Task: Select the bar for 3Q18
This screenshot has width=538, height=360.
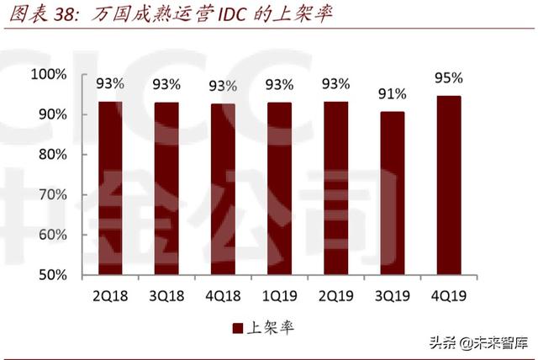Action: click(x=166, y=188)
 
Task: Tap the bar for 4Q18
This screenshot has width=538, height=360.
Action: click(x=223, y=189)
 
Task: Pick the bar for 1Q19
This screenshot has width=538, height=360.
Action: click(x=279, y=188)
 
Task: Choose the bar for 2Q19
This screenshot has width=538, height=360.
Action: click(x=336, y=188)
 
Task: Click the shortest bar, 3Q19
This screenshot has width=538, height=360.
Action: click(x=392, y=193)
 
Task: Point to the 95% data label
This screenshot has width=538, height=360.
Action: click(x=449, y=78)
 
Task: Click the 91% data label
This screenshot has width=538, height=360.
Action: click(x=392, y=93)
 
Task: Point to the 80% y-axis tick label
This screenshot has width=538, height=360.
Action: click(x=51, y=155)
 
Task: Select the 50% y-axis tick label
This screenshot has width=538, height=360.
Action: click(x=51, y=275)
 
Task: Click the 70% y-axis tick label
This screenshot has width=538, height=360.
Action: click(x=51, y=195)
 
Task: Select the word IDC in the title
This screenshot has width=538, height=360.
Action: click(x=226, y=15)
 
